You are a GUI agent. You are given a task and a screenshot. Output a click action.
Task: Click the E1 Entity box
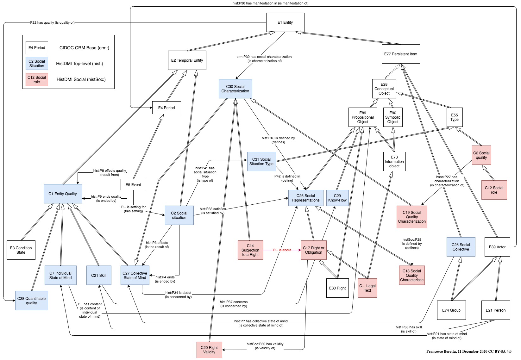pos(285,22)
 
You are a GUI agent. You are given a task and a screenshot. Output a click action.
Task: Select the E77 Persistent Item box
pos(401,54)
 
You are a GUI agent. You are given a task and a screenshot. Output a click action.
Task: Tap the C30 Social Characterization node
pos(235,89)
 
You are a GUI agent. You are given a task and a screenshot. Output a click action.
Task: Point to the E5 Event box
pos(133,185)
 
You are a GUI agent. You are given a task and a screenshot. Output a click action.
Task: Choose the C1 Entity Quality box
pos(63,194)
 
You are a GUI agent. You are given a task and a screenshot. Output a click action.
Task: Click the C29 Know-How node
pos(337,198)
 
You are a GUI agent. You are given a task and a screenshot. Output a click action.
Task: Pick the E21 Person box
pos(496,310)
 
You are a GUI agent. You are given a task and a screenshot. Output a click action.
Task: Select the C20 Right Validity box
pos(209,350)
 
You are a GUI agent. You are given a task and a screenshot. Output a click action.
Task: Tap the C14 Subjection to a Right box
pos(250,250)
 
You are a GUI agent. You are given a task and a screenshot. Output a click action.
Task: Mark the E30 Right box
pos(337,288)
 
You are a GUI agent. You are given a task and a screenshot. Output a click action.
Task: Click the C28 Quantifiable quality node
pos(32,301)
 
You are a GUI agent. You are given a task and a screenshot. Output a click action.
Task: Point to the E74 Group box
pos(451,310)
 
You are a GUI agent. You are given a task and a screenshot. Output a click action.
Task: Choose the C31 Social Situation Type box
pos(261,161)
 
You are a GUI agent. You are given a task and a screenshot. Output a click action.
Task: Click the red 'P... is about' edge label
pos(282,250)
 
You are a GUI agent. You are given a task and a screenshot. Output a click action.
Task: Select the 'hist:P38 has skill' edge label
pos(409,327)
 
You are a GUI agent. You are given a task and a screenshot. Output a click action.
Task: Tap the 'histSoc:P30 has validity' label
pos(265,344)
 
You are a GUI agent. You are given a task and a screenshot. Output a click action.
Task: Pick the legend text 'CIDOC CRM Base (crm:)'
pos(84,48)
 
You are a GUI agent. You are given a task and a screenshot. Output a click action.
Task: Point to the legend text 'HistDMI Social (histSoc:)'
pos(81,79)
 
